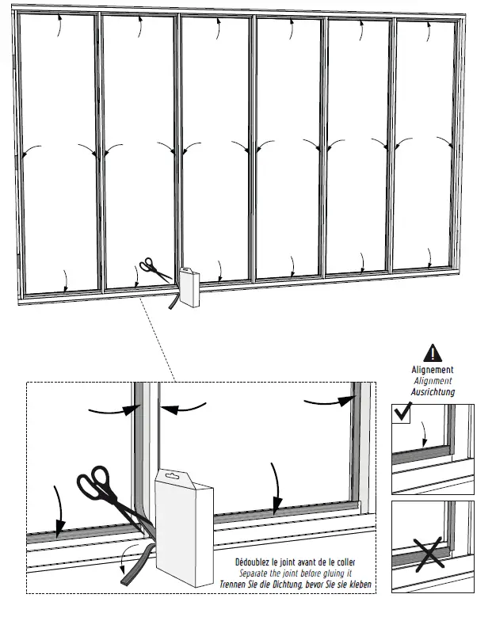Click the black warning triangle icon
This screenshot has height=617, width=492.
coord(432,353)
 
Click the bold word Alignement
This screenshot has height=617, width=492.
coord(432,370)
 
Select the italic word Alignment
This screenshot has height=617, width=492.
coord(432,381)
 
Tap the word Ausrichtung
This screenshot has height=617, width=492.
coord(432,392)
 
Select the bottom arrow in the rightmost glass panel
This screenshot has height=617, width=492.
coord(429,256)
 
